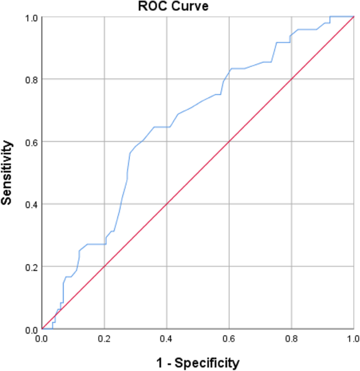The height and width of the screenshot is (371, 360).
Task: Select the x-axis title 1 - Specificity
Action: tap(198, 362)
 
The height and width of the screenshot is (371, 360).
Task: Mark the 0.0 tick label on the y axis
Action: tap(32, 329)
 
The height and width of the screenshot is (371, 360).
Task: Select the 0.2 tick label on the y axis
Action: tap(32, 267)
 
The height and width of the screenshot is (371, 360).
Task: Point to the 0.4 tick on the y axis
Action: tap(32, 204)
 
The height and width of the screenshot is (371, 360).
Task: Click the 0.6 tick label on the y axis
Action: tap(32, 142)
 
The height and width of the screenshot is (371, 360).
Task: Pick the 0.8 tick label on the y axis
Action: tap(32, 79)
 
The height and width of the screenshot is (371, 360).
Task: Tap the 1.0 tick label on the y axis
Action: tap(32, 17)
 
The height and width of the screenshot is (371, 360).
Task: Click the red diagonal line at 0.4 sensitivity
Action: tap(167, 204)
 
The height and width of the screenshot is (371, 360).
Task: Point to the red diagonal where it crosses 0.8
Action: tap(292, 79)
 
